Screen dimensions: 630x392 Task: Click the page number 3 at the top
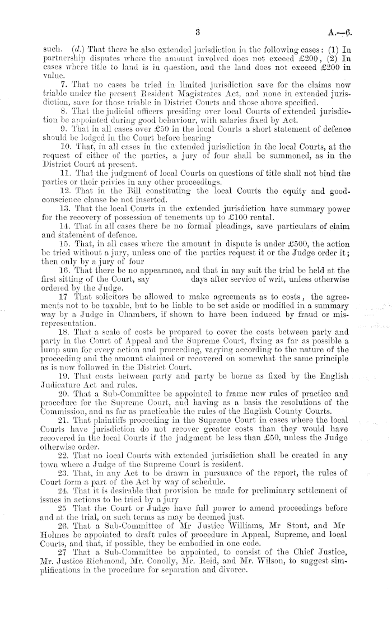coord(198,32)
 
